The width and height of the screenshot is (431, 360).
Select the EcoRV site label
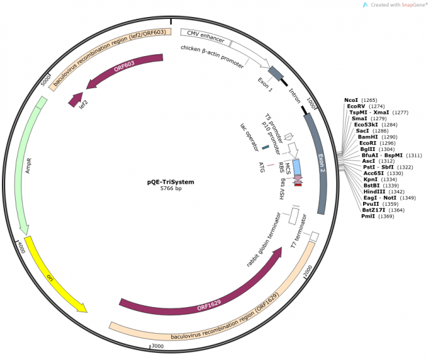coord(357,106)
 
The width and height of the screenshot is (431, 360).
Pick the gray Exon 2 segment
coord(318,163)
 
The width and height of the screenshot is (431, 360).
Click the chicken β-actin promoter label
coord(212,57)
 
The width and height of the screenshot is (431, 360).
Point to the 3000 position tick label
coord(157,346)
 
